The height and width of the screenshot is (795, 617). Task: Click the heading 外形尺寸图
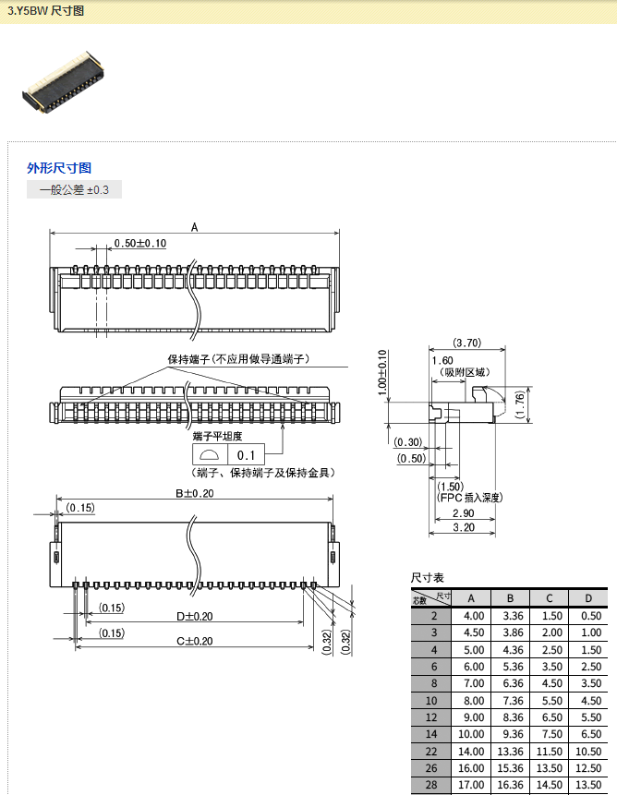pos(59,168)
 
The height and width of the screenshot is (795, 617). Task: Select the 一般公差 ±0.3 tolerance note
pos(74,190)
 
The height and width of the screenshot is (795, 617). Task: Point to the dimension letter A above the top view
pos(194,227)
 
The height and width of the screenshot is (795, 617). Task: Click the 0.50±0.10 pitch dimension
pos(139,244)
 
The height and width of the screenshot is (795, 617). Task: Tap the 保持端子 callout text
pos(237,358)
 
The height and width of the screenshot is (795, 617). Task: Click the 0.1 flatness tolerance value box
pos(246,455)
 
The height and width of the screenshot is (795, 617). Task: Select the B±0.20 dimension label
pos(195,493)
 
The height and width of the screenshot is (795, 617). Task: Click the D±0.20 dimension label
pos(195,616)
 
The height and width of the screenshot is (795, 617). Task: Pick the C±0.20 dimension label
pos(195,641)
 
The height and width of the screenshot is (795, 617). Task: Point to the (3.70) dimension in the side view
pos(467,343)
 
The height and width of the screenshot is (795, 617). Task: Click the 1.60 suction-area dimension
pos(442,360)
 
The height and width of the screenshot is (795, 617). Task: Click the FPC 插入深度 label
pos(469,498)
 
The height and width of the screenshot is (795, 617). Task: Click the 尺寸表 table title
pos(428,576)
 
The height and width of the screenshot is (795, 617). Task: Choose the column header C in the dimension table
pos(549,598)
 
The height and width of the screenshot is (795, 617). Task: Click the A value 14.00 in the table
pos(473,752)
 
